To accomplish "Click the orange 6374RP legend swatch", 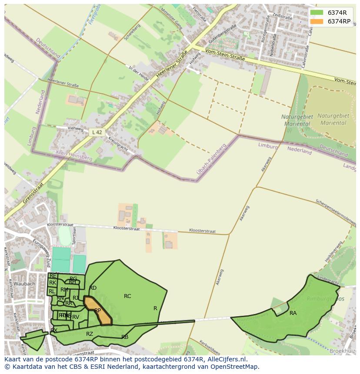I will pos(317,22).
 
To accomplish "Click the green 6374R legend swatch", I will pos(317,13).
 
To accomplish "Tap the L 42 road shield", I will pos(97,132).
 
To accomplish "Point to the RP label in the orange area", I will pos(98,311).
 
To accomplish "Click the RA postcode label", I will pos(293,313).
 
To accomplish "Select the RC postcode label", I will pos(127,296).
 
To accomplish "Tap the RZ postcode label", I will pos(90,334).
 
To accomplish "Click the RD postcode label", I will pos(93,288).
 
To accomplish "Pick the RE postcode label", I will pos(53,276).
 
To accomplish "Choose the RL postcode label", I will pos(52,291).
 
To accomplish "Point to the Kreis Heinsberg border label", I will pos(74,156).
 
